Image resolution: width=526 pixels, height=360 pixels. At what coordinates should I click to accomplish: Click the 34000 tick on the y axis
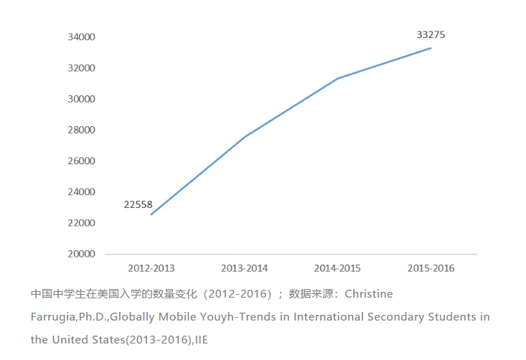(x=82, y=37)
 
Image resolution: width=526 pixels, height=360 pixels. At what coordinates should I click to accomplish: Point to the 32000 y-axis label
(x=82, y=68)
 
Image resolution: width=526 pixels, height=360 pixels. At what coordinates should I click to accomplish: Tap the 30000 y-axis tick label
(x=82, y=99)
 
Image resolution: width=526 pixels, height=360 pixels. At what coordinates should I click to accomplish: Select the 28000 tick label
(x=82, y=130)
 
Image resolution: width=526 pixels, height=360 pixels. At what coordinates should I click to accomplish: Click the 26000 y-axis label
(x=82, y=161)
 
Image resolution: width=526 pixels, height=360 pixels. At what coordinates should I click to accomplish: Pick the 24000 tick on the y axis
(x=82, y=191)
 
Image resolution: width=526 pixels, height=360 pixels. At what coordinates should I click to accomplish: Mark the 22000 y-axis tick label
(x=82, y=223)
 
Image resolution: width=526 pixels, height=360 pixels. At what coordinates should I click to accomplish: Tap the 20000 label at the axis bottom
(x=82, y=254)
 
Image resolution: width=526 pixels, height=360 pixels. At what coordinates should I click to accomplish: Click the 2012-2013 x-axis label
(x=151, y=268)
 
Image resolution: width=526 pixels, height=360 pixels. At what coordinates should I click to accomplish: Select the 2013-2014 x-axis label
(x=245, y=268)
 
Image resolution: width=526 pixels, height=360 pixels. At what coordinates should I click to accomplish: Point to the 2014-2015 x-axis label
(x=337, y=268)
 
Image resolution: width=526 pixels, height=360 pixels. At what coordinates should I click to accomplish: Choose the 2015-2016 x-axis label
(x=431, y=268)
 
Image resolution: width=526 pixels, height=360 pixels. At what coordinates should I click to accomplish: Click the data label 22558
(x=138, y=204)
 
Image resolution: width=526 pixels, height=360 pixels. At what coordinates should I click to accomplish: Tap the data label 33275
(x=431, y=34)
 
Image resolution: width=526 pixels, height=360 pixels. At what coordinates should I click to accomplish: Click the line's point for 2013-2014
(x=245, y=137)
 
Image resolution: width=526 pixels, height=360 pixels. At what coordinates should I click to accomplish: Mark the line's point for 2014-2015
(x=337, y=78)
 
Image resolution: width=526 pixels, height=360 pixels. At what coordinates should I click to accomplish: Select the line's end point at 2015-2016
(x=431, y=48)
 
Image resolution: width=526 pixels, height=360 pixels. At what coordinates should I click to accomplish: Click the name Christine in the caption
(x=370, y=294)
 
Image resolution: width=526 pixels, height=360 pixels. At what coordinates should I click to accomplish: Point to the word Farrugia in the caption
(x=52, y=316)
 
